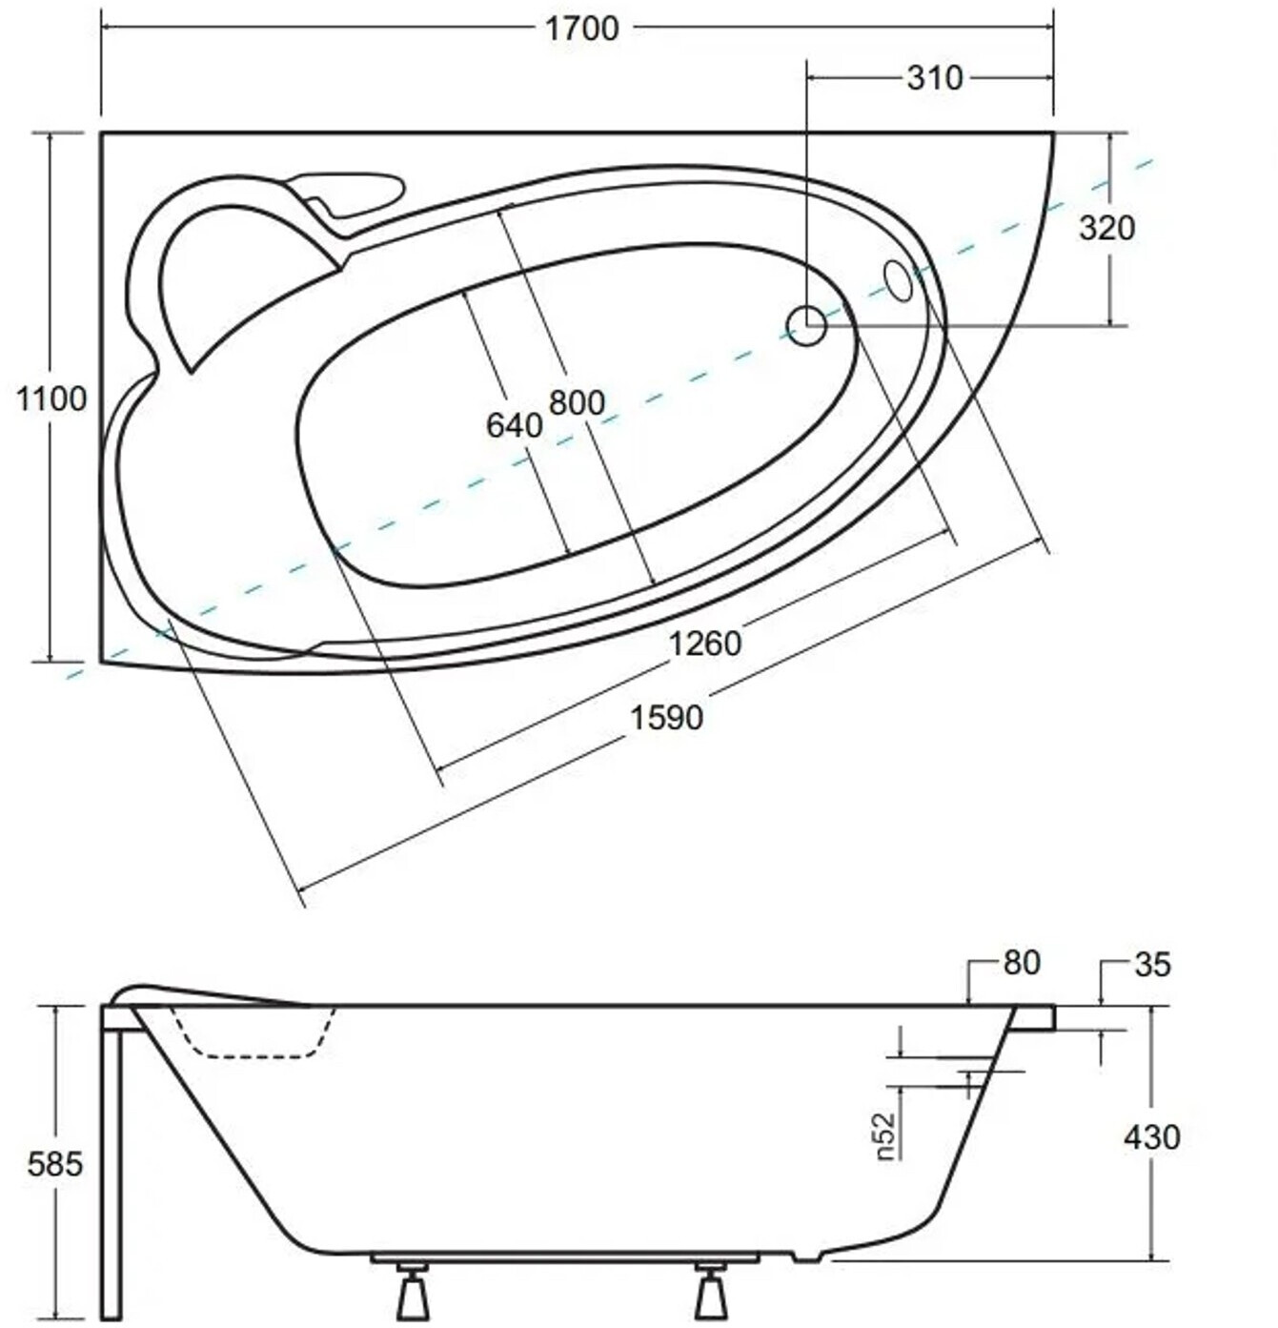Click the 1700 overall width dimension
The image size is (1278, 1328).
coord(582,29)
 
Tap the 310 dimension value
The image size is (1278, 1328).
coord(935,78)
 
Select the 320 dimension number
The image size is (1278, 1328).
coord(1106,228)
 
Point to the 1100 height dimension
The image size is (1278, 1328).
coord(51,398)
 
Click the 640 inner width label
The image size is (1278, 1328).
coord(515,426)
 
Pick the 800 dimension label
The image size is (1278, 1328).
coord(577,402)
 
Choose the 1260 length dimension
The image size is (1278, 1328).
coord(705,644)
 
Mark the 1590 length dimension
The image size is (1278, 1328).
coord(666,717)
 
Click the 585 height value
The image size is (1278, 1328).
coord(55,1163)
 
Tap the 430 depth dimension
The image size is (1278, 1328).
coord(1152,1137)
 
